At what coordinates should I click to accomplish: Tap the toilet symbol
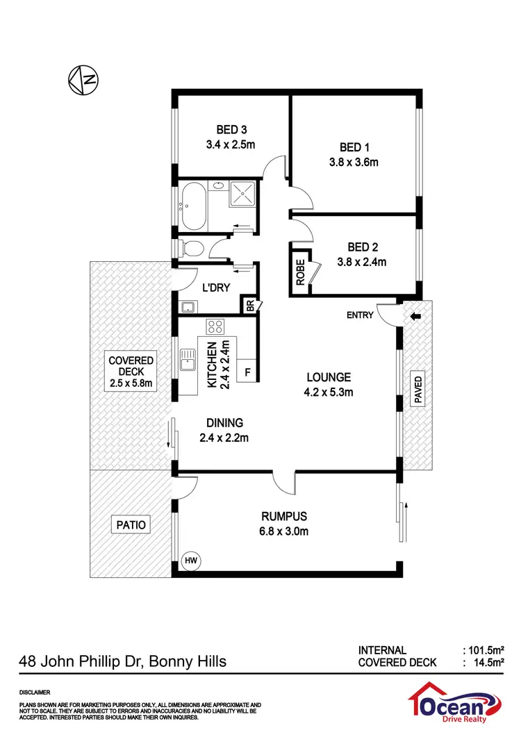click(190, 248)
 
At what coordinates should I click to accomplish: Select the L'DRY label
click(216, 288)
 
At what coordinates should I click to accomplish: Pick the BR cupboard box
click(249, 305)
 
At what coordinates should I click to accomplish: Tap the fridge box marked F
click(247, 372)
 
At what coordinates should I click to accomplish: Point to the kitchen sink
click(188, 359)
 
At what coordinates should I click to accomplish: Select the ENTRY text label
click(361, 315)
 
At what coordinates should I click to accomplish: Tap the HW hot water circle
click(190, 559)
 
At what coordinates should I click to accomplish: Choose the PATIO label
click(131, 524)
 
